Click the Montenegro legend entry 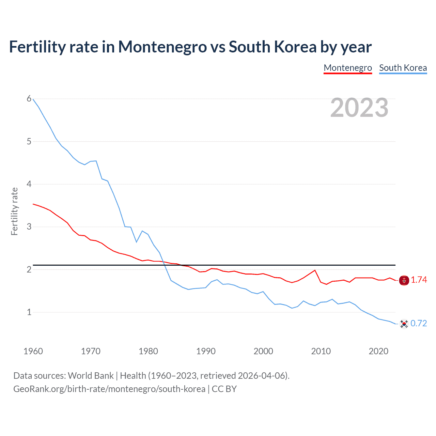pyautogui.click(x=347, y=68)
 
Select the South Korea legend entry pyautogui.click(x=403, y=68)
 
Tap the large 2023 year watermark pyautogui.click(x=359, y=108)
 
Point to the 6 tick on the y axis pyautogui.click(x=29, y=99)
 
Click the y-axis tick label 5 pyautogui.click(x=29, y=141)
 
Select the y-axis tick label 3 pyautogui.click(x=29, y=227)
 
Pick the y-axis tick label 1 pyautogui.click(x=29, y=312)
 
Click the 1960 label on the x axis pyautogui.click(x=33, y=351)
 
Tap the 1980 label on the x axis pyautogui.click(x=148, y=351)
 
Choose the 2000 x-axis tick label pyautogui.click(x=263, y=351)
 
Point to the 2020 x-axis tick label pyautogui.click(x=378, y=351)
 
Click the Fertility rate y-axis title pyautogui.click(x=14, y=211)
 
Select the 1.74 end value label pyautogui.click(x=419, y=280)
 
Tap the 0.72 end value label pyautogui.click(x=419, y=323)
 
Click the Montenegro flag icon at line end pyautogui.click(x=404, y=280)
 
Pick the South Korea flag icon pyautogui.click(x=404, y=324)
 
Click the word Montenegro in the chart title pyautogui.click(x=162, y=47)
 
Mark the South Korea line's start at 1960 pyautogui.click(x=33, y=99)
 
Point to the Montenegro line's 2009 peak pyautogui.click(x=315, y=270)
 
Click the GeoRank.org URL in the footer pyautogui.click(x=109, y=389)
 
